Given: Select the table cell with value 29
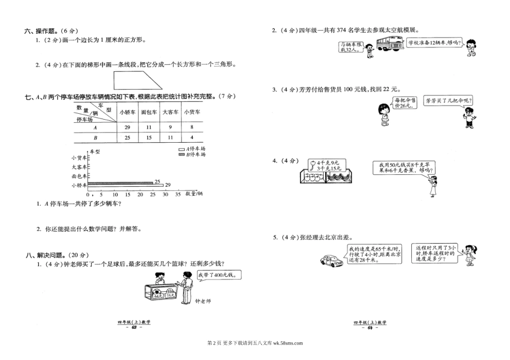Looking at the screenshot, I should click(127, 127).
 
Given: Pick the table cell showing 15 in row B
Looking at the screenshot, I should click(149, 138).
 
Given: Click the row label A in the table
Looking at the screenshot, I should click(95, 127).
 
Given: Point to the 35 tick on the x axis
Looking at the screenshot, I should click(178, 194).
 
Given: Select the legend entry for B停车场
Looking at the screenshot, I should click(195, 154).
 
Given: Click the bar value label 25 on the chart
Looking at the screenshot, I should click(157, 181).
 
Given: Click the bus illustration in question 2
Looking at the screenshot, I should click(390, 46).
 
